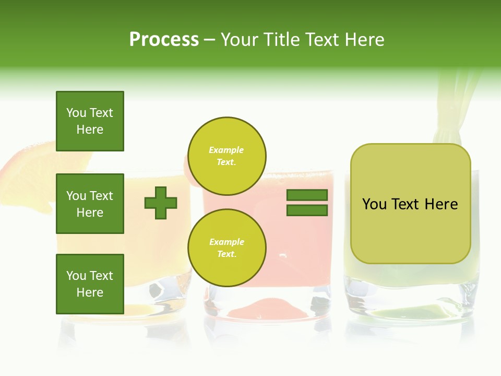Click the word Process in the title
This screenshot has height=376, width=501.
point(164,40)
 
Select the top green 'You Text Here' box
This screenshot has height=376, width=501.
point(90,121)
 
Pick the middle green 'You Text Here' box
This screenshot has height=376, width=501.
point(90,204)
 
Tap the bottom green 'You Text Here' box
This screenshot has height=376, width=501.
point(90,284)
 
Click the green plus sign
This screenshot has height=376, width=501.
point(161,203)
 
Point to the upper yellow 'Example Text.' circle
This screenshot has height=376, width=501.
point(226,156)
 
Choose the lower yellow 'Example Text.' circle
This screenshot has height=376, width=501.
point(226,248)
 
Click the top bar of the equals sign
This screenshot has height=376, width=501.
point(307,195)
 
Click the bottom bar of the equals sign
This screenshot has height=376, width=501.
point(307,210)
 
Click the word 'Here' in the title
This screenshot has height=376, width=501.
point(364,40)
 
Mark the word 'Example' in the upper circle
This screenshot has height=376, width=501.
point(226,150)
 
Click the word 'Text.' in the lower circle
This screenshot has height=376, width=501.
point(226,254)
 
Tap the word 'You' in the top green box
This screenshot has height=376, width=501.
point(76,113)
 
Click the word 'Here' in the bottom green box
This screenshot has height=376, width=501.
point(90,292)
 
